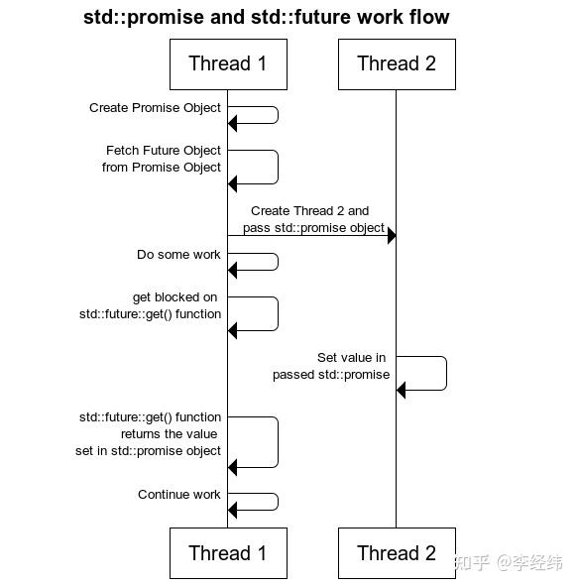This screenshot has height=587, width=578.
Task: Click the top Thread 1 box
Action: pos(228,64)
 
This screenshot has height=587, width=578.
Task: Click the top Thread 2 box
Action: pos(396,64)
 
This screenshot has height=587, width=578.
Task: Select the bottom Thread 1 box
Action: pos(228,553)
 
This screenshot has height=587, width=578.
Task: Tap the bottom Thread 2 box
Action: pos(396,553)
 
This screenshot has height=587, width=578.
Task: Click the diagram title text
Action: pos(267,17)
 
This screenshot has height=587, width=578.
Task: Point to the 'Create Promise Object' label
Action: pos(155,108)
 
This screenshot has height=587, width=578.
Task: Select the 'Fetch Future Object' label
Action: pos(163,151)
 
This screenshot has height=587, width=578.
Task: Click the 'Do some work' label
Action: pos(178,255)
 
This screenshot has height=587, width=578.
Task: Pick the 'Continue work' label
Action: pos(179,495)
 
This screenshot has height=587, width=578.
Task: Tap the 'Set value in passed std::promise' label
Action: pos(332,366)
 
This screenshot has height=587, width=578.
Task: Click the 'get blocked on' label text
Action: pos(174,297)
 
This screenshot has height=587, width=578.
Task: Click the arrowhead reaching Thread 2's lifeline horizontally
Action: pos(392,235)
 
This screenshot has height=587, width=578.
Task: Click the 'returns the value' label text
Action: pos(169,434)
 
